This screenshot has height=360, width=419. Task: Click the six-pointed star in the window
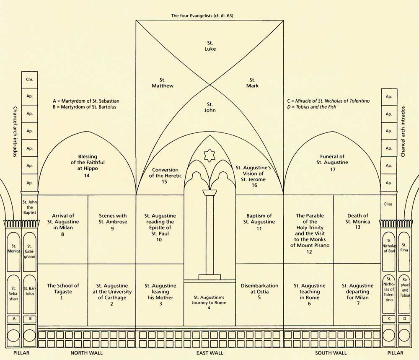tap(209, 155)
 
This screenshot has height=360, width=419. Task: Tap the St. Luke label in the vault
tap(210, 46)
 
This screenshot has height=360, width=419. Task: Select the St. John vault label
tap(210, 107)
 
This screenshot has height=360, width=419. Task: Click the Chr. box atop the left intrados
tap(29, 79)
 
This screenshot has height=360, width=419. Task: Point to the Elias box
tap(388, 204)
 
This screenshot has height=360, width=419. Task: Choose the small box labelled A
tap(14, 319)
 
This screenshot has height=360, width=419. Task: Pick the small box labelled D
tap(405, 319)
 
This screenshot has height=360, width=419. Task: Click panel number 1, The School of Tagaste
tap(63, 295)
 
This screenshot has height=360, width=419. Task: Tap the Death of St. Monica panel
tap(357, 229)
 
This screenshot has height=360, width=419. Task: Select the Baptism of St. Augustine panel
tap(259, 229)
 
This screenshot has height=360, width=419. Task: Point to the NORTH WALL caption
tap(87, 353)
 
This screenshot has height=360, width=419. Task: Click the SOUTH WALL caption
tap(331, 353)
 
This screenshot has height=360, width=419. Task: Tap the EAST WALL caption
tap(210, 353)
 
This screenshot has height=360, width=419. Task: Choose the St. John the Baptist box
tap(30, 207)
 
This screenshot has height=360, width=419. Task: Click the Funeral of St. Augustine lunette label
tap(332, 163)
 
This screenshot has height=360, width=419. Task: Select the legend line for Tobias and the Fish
tap(312, 107)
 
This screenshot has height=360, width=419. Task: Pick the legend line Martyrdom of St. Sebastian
tap(86, 101)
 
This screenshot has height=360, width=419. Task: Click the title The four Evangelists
tap(202, 16)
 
